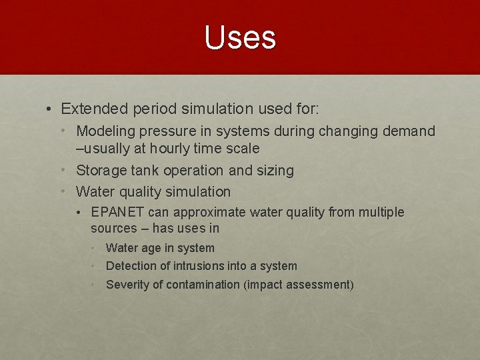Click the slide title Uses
point(240,37)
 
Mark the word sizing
point(273,171)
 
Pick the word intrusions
point(199,266)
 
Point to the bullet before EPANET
point(81,213)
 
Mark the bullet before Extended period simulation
point(50,109)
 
